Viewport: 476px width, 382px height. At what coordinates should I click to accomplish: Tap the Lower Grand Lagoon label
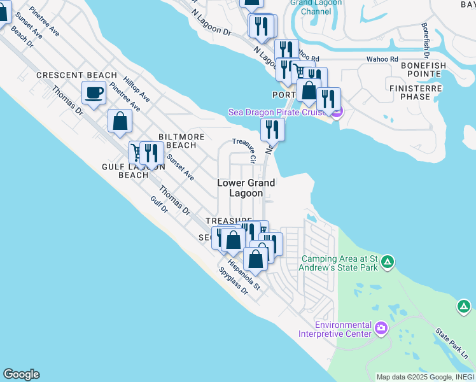pyautogui.click(x=246, y=188)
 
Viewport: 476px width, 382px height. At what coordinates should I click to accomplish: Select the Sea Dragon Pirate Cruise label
pyautogui.click(x=279, y=113)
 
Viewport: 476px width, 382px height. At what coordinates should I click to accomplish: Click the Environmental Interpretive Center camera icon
pyautogui.click(x=381, y=328)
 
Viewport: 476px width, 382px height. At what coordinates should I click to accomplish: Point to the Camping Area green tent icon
pyautogui.click(x=388, y=262)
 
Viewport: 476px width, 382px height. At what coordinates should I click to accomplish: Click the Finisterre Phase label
pyautogui.click(x=423, y=92)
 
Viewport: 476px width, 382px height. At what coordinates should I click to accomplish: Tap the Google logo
pyautogui.click(x=21, y=374)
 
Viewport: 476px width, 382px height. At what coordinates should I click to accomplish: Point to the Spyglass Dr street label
pyautogui.click(x=233, y=280)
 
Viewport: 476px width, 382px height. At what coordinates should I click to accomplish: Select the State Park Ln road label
pyautogui.click(x=451, y=343)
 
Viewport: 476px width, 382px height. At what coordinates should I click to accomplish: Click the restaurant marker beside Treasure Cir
pyautogui.click(x=272, y=129)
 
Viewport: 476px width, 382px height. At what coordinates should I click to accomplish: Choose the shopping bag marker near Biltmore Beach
pyautogui.click(x=120, y=120)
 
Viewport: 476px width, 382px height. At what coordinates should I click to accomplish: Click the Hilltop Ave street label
pyautogui.click(x=137, y=90)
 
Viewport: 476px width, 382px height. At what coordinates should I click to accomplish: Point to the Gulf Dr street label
pyautogui.click(x=158, y=204)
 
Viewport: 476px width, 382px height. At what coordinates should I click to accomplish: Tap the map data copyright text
pyautogui.click(x=425, y=377)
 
